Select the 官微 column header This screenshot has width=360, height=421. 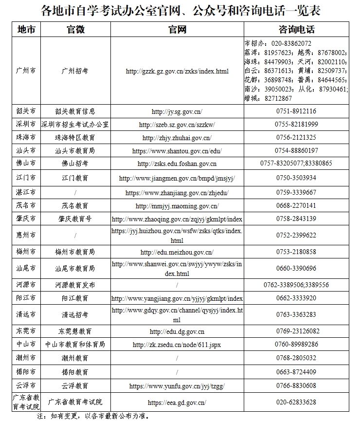point(75,30)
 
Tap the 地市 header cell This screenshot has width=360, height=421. point(26,30)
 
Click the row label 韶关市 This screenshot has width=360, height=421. point(26,111)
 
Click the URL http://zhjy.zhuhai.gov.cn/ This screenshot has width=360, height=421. point(177,138)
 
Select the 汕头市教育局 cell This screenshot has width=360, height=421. point(75,151)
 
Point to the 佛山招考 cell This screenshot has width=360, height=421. point(75,164)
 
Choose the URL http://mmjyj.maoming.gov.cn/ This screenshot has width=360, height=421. point(177,206)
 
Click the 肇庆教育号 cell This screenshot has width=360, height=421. point(75,219)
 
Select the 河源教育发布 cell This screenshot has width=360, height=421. point(75,285)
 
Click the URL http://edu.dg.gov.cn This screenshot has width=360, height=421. point(177,331)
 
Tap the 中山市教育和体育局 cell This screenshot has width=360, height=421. point(75,345)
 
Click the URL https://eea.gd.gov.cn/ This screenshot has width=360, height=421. point(177,403)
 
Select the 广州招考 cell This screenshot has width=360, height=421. point(75,71)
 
